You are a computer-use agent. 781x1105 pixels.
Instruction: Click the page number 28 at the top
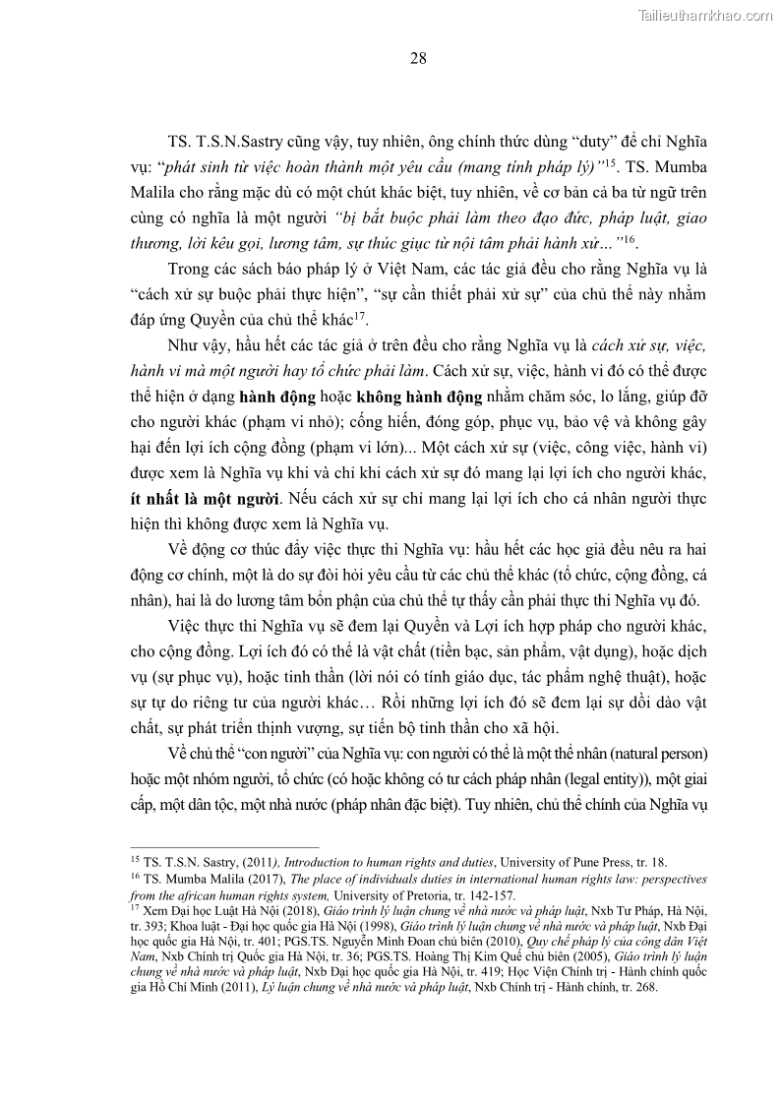418,59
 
